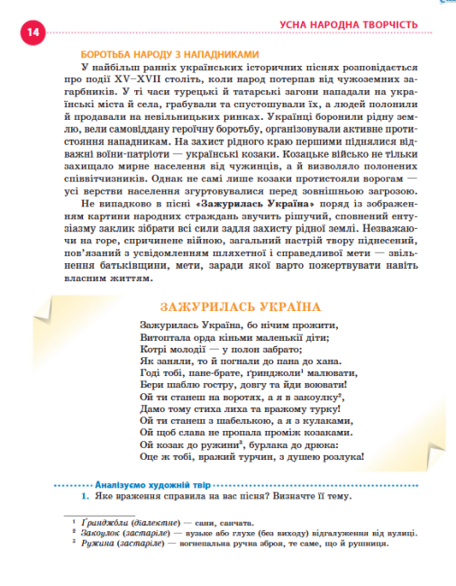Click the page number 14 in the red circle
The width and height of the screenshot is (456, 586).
click(x=32, y=33)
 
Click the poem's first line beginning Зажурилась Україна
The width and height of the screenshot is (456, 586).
click(x=238, y=325)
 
